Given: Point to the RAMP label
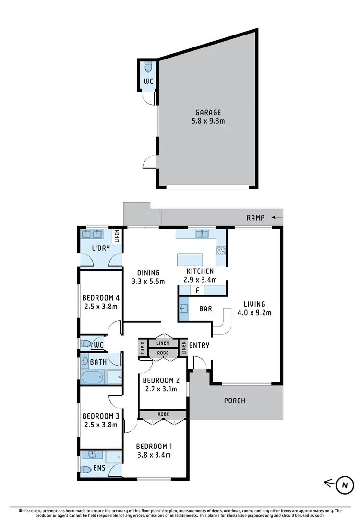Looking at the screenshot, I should click(256, 217).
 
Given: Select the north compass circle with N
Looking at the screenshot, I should click(344, 484).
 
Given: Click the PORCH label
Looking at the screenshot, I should click(235, 401).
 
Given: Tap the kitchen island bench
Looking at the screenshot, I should click(190, 260).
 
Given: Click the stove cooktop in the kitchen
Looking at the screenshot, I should click(222, 250).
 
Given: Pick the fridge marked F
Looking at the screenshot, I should click(197, 290).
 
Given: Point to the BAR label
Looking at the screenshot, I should click(206, 309).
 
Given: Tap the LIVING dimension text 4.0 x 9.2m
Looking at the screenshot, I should click(254, 313).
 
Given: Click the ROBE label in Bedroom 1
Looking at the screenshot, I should click(163, 414).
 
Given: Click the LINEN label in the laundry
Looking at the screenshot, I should click(116, 236).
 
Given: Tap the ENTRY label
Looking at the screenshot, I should click(199, 345).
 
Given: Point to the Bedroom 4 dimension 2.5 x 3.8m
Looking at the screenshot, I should click(100, 306).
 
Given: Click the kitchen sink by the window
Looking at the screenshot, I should click(202, 234).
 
